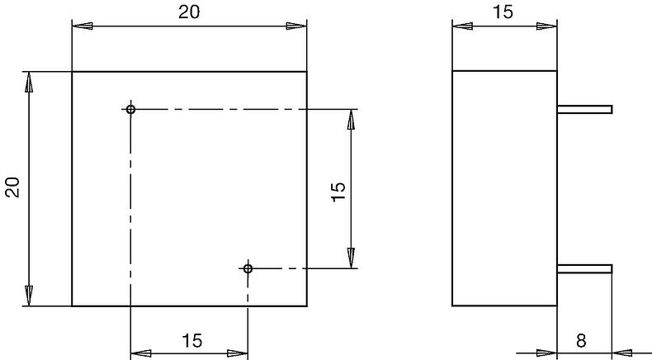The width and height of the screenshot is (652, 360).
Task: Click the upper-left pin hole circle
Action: pyautogui.click(x=130, y=109)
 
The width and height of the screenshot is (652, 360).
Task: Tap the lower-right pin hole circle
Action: pyautogui.click(x=248, y=268)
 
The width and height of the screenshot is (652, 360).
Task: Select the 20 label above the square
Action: pyautogui.click(x=190, y=12)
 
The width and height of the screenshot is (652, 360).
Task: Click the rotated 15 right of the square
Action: pyautogui.click(x=338, y=189)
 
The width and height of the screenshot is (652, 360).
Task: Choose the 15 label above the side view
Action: pyautogui.click(x=504, y=12)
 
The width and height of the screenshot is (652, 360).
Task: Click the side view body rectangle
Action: pyautogui.click(x=504, y=189)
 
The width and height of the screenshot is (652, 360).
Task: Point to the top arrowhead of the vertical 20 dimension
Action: pyautogui.click(x=29, y=81)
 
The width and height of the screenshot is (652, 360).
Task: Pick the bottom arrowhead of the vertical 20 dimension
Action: pyautogui.click(x=29, y=296)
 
